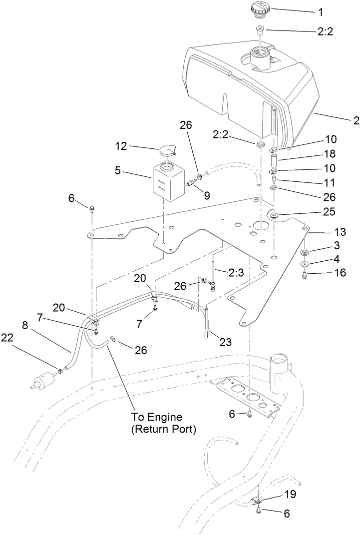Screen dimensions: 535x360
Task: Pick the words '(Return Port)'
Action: [163, 429]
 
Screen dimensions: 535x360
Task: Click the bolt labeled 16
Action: [306, 274]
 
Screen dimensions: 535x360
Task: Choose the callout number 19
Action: [290, 495]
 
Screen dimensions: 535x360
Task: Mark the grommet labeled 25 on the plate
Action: [275, 215]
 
